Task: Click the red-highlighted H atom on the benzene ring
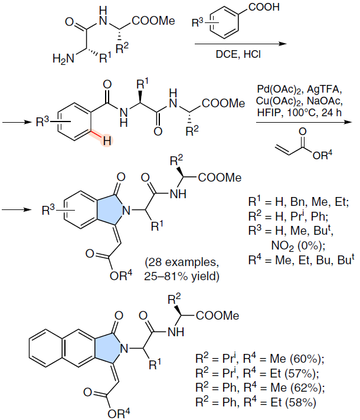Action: pos(107,140)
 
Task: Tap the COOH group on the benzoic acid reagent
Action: pos(264,7)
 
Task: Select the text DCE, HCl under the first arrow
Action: pos(238,54)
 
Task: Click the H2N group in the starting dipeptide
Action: pos(63,59)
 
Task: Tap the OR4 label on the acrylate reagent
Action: pos(322,155)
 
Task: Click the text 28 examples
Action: pos(181,262)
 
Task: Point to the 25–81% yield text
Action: pos(181,276)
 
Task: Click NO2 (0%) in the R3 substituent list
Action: pos(298,245)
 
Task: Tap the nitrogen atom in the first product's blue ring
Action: pos(126,211)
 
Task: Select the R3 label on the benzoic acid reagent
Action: pos(197,23)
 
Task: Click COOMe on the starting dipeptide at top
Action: pos(153,21)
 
